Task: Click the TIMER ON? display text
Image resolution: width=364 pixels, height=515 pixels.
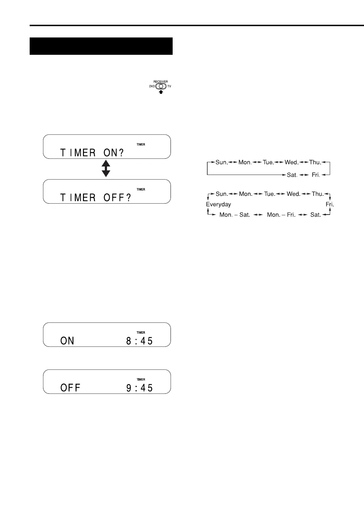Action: [92, 153]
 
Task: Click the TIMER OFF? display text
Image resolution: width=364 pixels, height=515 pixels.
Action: [95, 198]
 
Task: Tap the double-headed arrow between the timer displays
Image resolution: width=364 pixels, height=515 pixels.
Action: [106, 169]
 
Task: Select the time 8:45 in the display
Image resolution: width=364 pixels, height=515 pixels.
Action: [139, 341]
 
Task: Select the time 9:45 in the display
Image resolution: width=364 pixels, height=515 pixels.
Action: [139, 388]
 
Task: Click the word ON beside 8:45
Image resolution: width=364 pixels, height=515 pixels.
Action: [67, 341]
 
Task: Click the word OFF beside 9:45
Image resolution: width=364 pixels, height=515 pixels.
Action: [70, 388]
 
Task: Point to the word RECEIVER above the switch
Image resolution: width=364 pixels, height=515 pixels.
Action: [161, 82]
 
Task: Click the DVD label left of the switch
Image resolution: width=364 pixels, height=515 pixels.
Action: [152, 86]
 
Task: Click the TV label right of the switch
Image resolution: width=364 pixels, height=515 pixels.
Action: [169, 86]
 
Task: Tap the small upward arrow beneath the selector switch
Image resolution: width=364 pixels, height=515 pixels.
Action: [161, 92]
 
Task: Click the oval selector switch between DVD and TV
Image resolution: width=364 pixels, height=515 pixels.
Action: [161, 86]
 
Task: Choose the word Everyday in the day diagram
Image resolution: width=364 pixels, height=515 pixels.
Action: [218, 204]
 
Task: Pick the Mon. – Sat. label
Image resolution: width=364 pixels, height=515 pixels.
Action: [234, 215]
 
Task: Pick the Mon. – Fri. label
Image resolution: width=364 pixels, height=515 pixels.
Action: [281, 215]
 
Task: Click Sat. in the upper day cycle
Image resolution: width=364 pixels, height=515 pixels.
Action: [292, 175]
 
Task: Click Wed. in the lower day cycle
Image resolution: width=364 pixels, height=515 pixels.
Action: [293, 194]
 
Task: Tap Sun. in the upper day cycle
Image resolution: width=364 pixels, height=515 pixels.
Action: [221, 162]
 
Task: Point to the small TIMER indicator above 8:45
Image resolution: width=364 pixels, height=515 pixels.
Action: [141, 332]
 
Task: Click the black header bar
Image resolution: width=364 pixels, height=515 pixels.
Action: [101, 46]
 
